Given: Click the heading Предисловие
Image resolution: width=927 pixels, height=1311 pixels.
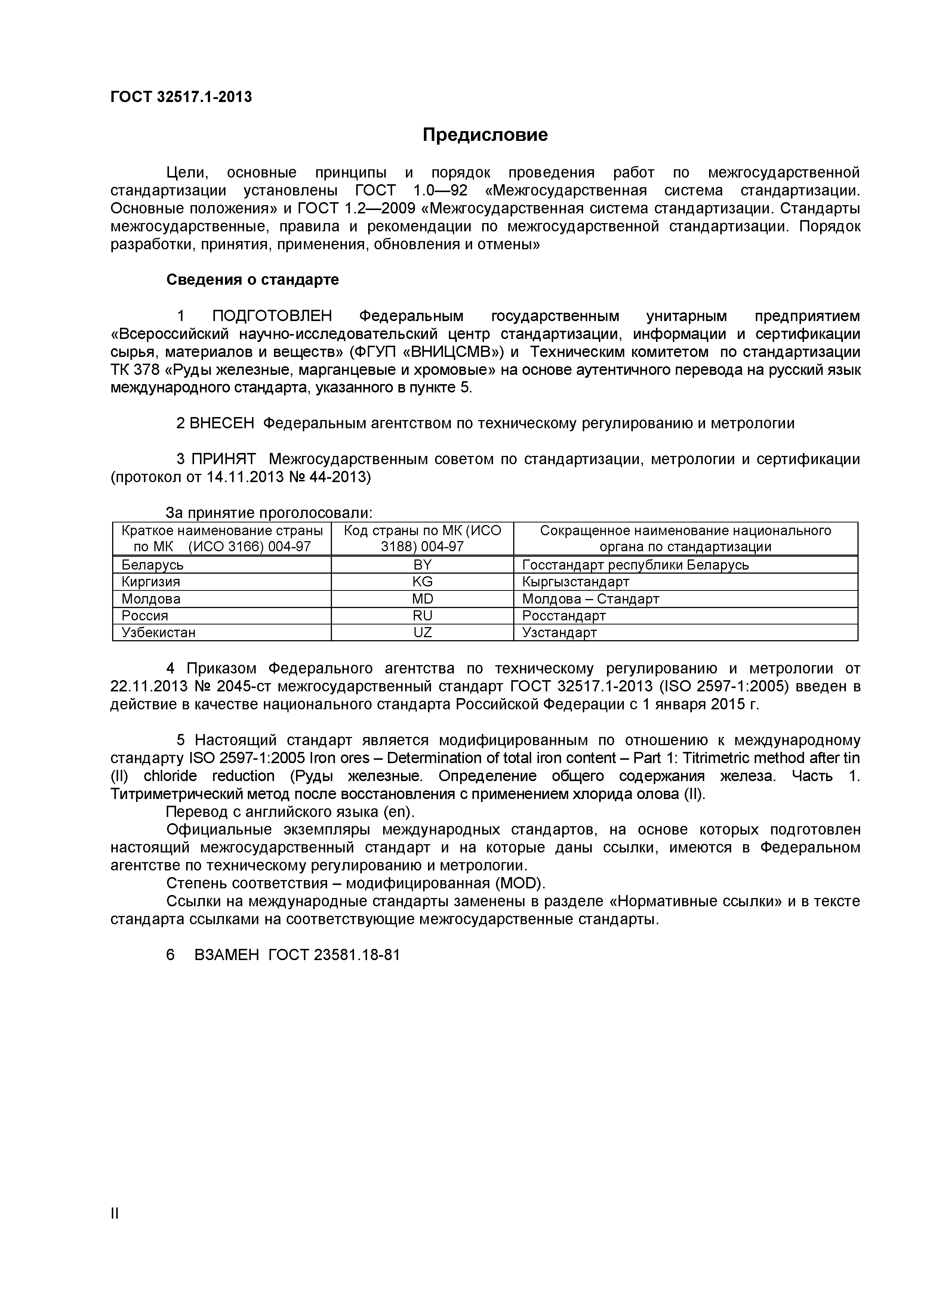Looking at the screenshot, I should pyautogui.click(x=484, y=135).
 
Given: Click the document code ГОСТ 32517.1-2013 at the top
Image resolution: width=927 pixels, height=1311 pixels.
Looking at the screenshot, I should pyautogui.click(x=181, y=97).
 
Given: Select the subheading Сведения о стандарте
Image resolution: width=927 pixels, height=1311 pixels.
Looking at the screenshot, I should pyautogui.click(x=252, y=280).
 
